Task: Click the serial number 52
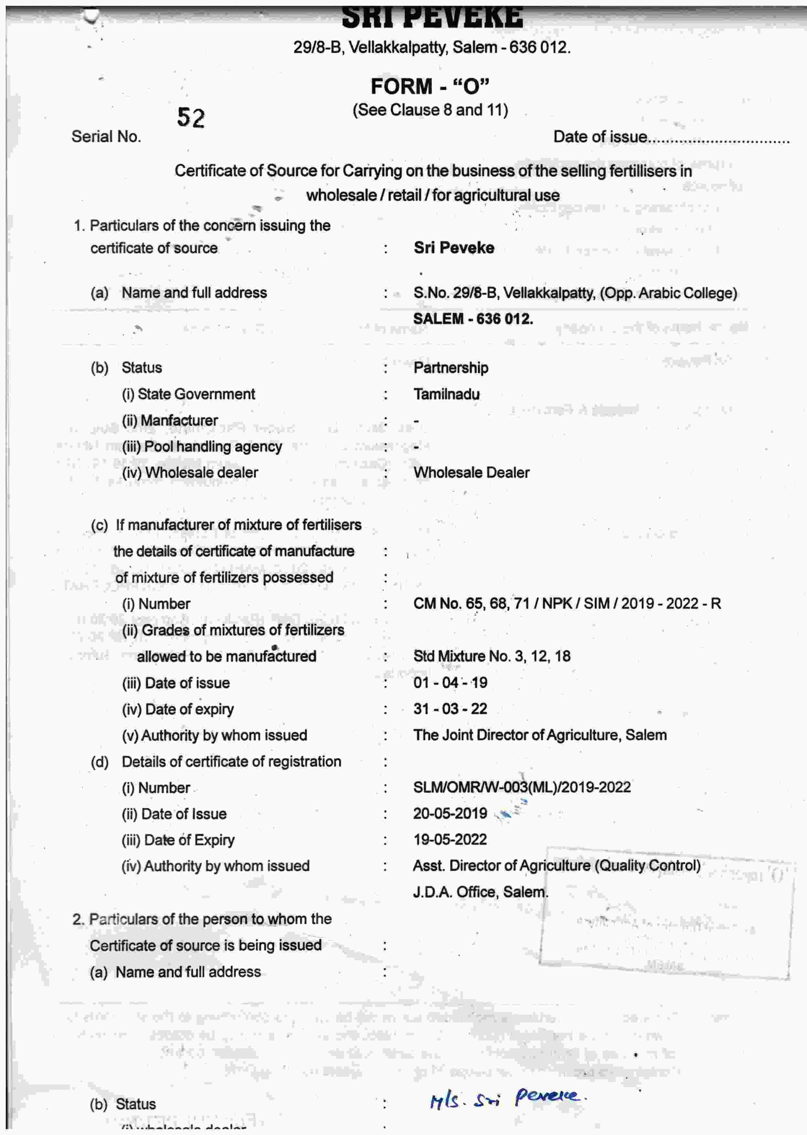click(191, 118)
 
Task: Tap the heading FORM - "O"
click(430, 86)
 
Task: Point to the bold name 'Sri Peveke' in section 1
click(454, 248)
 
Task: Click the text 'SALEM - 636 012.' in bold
click(473, 319)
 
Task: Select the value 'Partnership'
click(451, 368)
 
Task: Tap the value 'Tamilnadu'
click(446, 394)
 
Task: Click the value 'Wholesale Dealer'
click(471, 472)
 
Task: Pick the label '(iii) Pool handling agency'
click(202, 446)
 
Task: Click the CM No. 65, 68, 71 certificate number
click(566, 603)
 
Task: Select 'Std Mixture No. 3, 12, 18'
click(491, 656)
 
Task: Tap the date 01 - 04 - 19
click(450, 683)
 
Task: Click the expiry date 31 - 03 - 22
click(450, 709)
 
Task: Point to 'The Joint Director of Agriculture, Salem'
click(540, 735)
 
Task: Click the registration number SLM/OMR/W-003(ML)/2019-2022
click(522, 788)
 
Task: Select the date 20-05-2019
click(450, 813)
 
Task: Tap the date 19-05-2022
click(450, 840)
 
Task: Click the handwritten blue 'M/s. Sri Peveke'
click(507, 1098)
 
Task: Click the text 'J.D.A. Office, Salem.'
click(480, 892)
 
